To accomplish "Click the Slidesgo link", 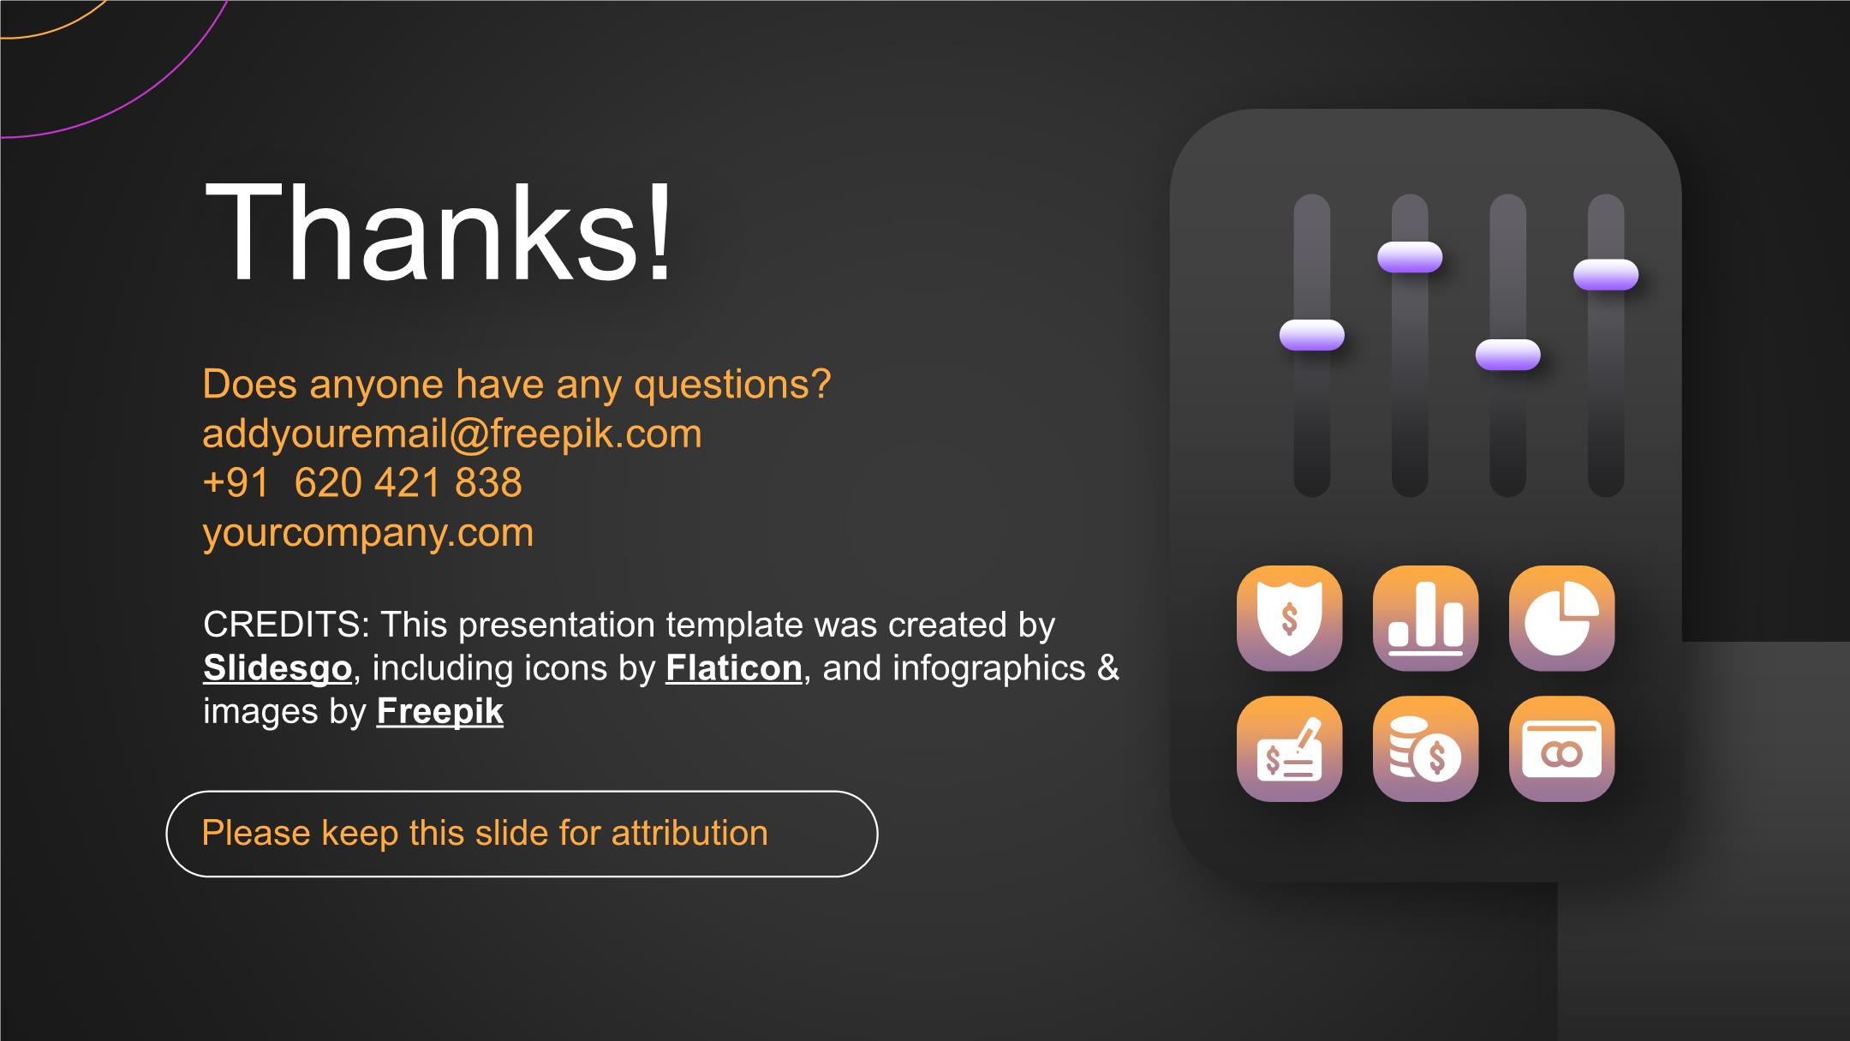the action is point(277,668).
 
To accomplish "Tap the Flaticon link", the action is point(734,668).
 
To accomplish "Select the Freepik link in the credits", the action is point(440,712).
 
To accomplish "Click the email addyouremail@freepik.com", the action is point(452,434).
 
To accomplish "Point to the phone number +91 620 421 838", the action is point(362,482).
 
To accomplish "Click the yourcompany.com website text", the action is point(368,533).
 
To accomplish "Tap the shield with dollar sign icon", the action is point(1289,618).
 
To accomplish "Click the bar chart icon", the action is point(1425,618).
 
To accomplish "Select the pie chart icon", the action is point(1561,618).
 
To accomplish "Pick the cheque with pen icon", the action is point(1289,749).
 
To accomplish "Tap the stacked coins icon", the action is point(1425,749).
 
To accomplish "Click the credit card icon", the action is point(1561,749).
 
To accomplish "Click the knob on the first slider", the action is point(1311,335).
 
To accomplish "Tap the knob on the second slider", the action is point(1410,257).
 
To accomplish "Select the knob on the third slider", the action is point(1507,355).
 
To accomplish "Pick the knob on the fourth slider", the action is point(1606,274).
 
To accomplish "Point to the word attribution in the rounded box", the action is point(689,833).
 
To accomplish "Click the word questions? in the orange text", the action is point(732,385).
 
